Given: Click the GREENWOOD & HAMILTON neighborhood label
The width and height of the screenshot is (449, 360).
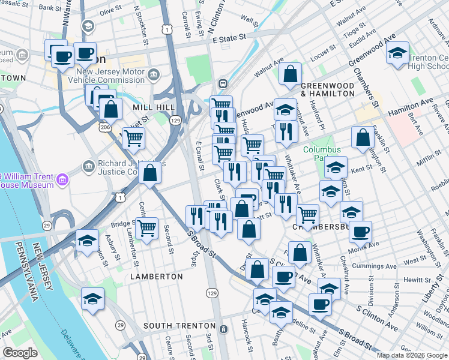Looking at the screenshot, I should (327, 89).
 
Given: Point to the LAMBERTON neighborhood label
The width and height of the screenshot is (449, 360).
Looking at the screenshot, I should (157, 277).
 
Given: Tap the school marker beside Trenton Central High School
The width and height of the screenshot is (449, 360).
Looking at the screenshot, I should (397, 55).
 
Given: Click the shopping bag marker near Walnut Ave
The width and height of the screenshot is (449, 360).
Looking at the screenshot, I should (291, 75).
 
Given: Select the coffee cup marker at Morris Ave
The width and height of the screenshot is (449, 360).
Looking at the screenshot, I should (360, 232).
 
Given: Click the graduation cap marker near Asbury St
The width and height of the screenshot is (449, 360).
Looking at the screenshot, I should (88, 241).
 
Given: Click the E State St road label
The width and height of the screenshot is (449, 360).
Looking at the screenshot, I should (230, 37).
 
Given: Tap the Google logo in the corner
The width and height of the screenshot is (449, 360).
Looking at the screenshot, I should (20, 353).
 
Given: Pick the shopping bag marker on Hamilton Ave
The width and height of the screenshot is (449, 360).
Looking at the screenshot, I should (363, 139).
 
